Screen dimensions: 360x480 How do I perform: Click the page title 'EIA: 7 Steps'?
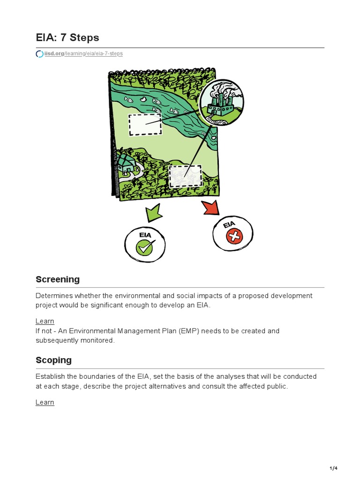(67, 37)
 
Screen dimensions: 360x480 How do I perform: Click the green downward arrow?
(153, 213)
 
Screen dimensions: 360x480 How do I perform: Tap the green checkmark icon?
(145, 247)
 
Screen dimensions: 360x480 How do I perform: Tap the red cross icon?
(233, 237)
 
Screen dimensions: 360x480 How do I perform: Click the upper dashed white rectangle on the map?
(145, 124)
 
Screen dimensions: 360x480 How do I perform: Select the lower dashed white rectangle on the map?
(185, 176)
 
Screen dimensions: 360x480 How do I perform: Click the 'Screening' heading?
(58, 279)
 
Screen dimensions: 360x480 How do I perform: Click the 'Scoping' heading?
(53, 360)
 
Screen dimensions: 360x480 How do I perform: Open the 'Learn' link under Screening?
(45, 321)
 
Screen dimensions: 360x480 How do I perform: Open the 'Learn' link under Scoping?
(45, 402)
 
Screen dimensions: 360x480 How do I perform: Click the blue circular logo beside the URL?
(39, 54)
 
